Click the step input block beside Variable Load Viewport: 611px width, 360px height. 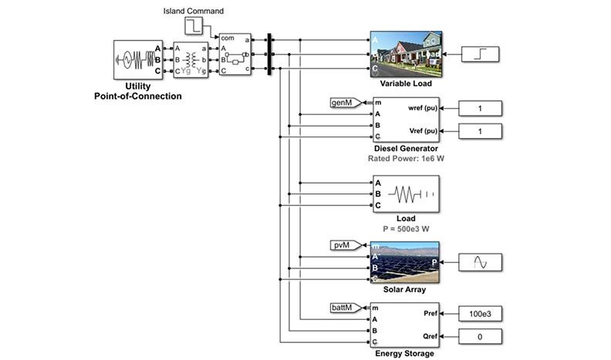coord(480,53)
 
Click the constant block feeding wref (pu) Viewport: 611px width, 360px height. coord(480,108)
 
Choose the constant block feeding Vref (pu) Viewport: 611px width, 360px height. coord(480,131)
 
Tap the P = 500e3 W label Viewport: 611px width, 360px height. coord(405,229)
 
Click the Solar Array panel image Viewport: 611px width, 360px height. coord(405,262)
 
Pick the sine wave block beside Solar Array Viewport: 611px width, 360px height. coord(480,263)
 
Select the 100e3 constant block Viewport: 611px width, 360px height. coord(480,314)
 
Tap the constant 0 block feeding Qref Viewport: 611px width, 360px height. coord(480,337)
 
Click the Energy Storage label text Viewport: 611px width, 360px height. coord(405,355)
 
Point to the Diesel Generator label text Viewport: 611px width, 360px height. coord(405,148)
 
